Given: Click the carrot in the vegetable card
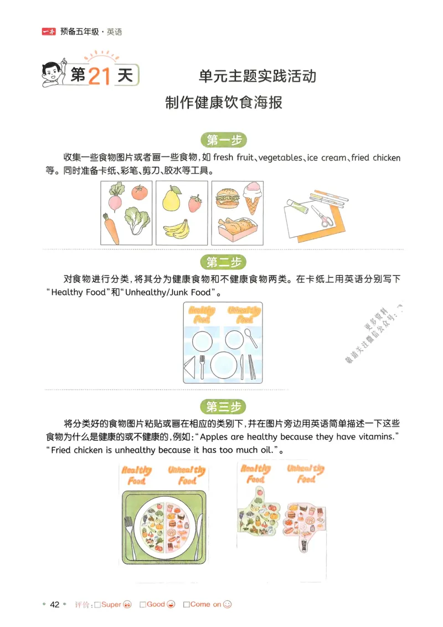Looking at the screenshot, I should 111,228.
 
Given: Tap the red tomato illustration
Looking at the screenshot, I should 139,192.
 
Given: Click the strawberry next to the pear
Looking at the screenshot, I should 195,203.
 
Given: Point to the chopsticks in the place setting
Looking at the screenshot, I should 251,366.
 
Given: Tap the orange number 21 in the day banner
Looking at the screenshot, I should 99,76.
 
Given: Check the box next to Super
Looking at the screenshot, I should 97,604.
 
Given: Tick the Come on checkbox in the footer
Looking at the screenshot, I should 186,604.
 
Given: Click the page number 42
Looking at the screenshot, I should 54,604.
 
